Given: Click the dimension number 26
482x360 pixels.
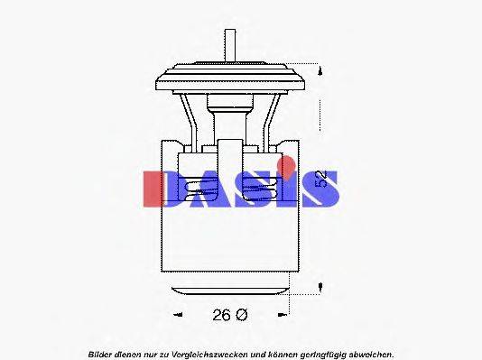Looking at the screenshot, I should (222, 314).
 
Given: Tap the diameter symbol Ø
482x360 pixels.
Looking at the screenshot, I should (241, 314).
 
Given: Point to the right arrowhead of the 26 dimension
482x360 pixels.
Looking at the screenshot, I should (286, 315).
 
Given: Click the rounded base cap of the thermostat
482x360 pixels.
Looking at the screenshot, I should (228, 289).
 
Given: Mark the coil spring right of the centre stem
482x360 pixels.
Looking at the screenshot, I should (263, 186).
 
